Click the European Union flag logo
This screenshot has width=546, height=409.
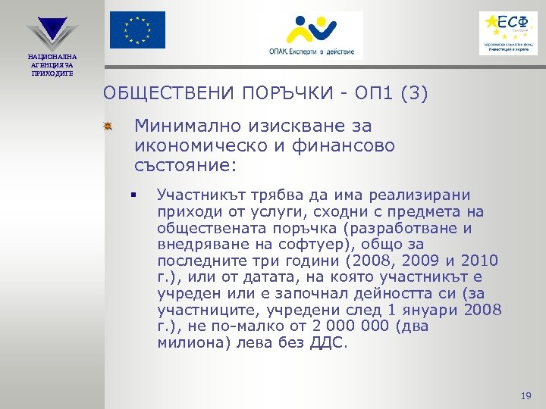click(137, 30)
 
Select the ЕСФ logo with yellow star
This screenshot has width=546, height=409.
click(508, 32)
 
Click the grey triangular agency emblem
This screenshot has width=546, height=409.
click(52, 31)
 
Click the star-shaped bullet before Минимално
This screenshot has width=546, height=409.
click(108, 126)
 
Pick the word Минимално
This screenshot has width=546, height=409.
click(190, 126)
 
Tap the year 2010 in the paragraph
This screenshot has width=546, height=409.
click(479, 261)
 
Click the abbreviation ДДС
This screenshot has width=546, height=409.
click(327, 342)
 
